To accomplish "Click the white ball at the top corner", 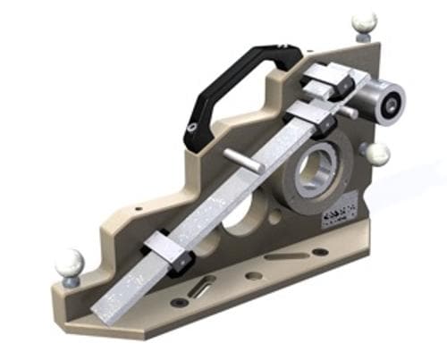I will (364, 21).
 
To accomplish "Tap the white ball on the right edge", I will (379, 154).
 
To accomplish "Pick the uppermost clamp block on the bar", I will (324, 84).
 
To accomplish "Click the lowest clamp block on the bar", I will (167, 250).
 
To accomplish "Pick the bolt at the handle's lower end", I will (192, 132).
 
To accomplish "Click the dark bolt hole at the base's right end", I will (320, 252).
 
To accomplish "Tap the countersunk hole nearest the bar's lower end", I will (181, 302).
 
